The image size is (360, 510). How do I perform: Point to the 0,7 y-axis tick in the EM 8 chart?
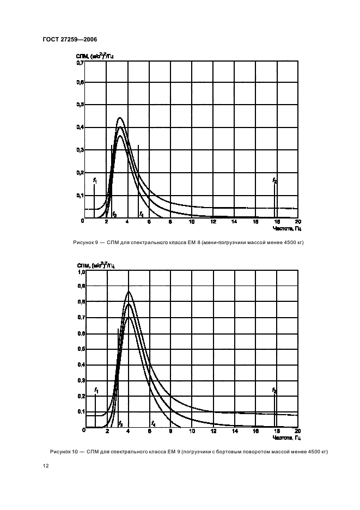point(80,63)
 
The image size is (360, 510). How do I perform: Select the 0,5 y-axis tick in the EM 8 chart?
point(80,104)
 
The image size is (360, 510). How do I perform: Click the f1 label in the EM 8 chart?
point(95,179)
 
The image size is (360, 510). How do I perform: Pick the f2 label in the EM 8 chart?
point(274,180)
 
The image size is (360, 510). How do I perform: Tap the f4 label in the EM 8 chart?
point(141,214)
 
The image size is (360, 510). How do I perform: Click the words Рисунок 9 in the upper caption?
point(85,242)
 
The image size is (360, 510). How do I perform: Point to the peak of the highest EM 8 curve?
point(120,118)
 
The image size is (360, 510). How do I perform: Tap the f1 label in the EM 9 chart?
point(96,390)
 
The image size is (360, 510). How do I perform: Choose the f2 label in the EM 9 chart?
point(274,390)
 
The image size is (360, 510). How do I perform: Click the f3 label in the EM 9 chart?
point(120,424)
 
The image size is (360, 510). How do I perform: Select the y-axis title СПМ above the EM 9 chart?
point(78,265)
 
